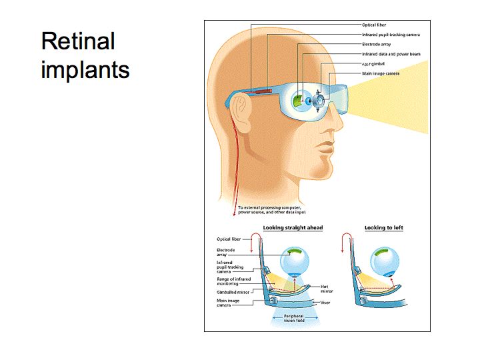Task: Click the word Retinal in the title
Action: click(x=78, y=41)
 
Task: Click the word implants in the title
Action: click(x=85, y=69)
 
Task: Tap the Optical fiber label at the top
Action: click(x=373, y=25)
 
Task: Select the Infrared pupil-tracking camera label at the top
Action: click(x=391, y=35)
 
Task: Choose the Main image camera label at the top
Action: click(x=381, y=73)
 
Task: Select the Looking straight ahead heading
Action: click(x=293, y=228)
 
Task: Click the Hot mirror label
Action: click(x=323, y=289)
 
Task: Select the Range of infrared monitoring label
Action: click(x=233, y=282)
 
